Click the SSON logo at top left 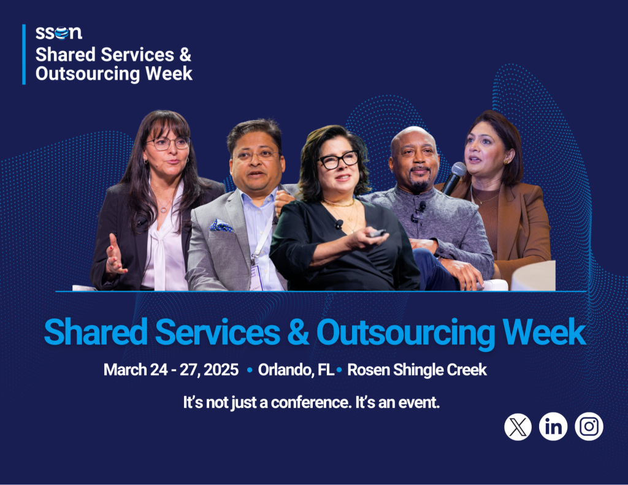[58, 33]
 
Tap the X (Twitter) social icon [518, 426]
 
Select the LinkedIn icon [553, 426]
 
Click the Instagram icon [589, 426]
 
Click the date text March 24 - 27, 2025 [170, 370]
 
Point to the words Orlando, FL [296, 370]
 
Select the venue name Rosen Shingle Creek [416, 370]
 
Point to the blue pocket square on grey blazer [221, 226]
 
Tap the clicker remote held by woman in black [376, 233]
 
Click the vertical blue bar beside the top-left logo [24, 54]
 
